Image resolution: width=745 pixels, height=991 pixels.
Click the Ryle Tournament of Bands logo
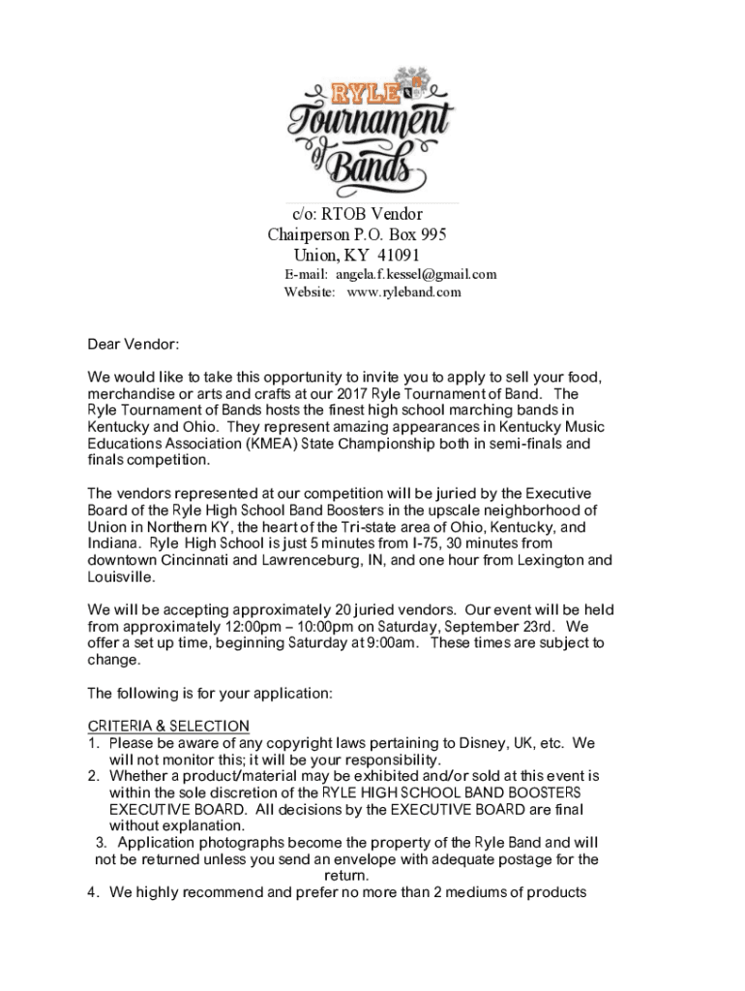pos(372,132)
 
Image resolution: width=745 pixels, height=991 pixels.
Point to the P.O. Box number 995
pos(433,234)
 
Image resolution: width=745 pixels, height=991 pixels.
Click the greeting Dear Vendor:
pos(134,344)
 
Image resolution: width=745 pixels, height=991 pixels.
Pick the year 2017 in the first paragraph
pos(353,395)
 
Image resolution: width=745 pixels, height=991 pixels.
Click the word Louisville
pos(121,577)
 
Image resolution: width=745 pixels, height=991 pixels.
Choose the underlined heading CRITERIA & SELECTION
pos(168,726)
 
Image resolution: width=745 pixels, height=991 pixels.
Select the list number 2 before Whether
pos(93,776)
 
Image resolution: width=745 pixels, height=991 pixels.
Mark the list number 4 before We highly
pos(93,892)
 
